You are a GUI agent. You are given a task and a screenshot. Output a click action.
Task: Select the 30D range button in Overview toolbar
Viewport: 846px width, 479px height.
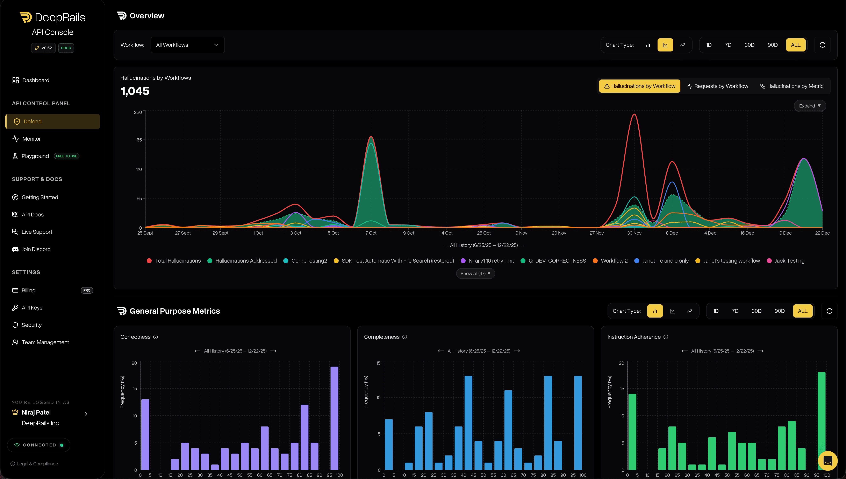749,45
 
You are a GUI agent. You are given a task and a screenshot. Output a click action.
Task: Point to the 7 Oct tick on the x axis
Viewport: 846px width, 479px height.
371,233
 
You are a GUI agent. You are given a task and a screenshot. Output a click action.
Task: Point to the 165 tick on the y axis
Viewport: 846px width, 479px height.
138,140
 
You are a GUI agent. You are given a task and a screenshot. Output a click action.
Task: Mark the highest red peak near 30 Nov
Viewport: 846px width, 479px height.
634,114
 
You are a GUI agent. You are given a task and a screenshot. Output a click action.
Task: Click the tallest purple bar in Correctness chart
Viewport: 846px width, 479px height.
334,418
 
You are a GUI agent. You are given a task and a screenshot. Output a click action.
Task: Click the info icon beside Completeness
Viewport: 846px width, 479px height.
405,337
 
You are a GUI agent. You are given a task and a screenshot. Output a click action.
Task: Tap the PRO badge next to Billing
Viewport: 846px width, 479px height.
87,290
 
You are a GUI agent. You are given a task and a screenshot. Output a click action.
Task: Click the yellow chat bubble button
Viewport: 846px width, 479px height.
827,461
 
